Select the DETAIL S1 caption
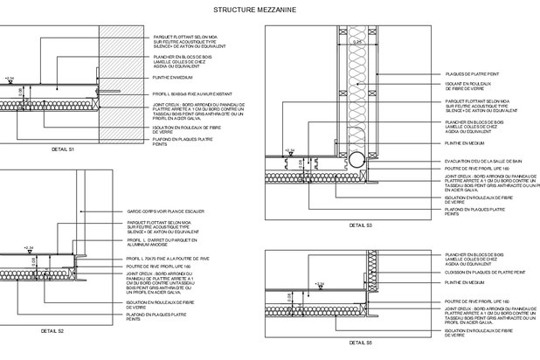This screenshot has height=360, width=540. click(63, 150)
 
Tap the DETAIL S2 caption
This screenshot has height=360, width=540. click(52, 332)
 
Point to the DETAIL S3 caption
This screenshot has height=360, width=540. click(361, 225)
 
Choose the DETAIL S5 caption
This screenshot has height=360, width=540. click(363, 343)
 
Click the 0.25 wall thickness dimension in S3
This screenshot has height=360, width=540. click(357, 40)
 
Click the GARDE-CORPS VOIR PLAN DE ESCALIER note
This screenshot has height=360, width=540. click(167, 211)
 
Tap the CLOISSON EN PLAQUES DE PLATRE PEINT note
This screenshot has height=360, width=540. click(484, 273)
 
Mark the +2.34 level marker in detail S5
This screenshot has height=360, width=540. click(320, 284)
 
